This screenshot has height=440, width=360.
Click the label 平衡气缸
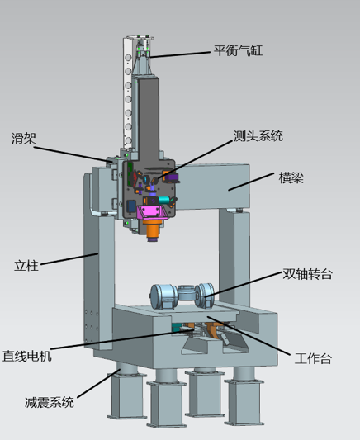[x=239, y=51]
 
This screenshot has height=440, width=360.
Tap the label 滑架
[x=24, y=139]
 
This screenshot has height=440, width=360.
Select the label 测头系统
[x=258, y=136]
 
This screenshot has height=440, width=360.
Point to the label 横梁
[x=291, y=178]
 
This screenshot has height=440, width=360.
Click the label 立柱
[x=26, y=266]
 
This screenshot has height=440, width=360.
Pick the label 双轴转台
[x=307, y=274]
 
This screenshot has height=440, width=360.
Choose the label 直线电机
[x=27, y=356]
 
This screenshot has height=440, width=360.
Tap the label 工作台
[x=313, y=358]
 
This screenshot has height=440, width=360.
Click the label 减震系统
[x=50, y=402]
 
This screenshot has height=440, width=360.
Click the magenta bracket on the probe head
[x=152, y=212]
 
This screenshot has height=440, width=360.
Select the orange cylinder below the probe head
[x=152, y=228]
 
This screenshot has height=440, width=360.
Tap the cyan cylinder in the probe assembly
[x=164, y=200]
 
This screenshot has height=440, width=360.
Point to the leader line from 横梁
[x=251, y=182]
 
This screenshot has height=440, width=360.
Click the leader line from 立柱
[x=69, y=259]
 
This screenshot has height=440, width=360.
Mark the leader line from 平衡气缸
[x=180, y=54]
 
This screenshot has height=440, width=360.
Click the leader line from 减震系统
[x=99, y=383]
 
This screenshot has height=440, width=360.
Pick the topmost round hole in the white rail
[x=128, y=58]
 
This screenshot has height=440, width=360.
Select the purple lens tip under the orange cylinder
[x=154, y=239]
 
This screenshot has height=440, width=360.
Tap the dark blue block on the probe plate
[x=131, y=206]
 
